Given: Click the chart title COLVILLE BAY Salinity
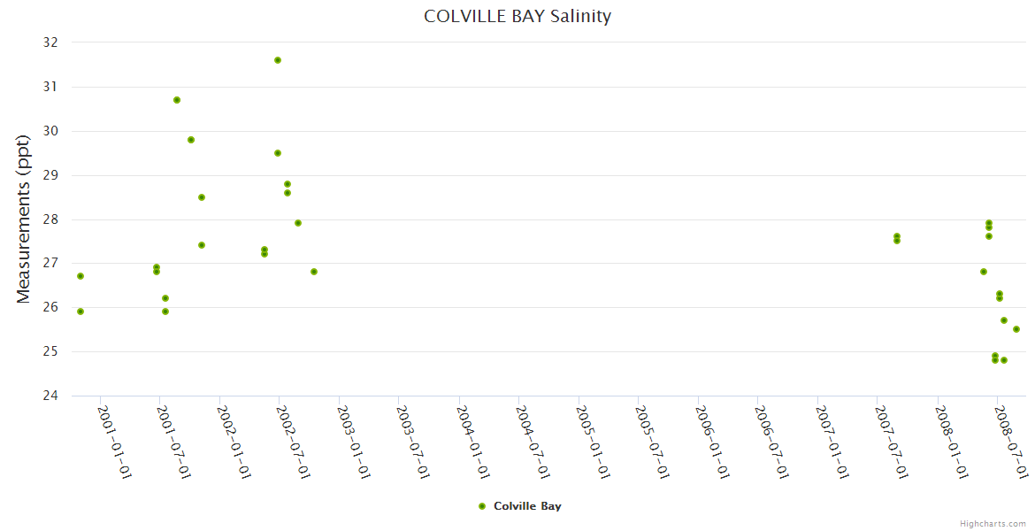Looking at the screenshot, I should coord(517,16).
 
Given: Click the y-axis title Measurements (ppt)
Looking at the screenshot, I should coord(24,219).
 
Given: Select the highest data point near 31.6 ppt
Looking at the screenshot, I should coord(278,60).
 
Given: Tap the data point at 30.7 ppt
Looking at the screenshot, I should coord(177,100).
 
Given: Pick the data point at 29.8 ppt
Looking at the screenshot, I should coord(191,140).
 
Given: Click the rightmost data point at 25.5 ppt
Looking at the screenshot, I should coord(1016,329).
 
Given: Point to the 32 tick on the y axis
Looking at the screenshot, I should coord(50,42).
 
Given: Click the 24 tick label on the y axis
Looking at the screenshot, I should coord(50,396).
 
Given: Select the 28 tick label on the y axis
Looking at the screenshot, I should coord(50,219).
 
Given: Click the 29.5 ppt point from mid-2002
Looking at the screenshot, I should coord(278,153).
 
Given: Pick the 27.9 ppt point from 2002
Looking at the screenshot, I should coord(298,223).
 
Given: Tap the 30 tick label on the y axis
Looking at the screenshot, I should coord(50,131).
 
